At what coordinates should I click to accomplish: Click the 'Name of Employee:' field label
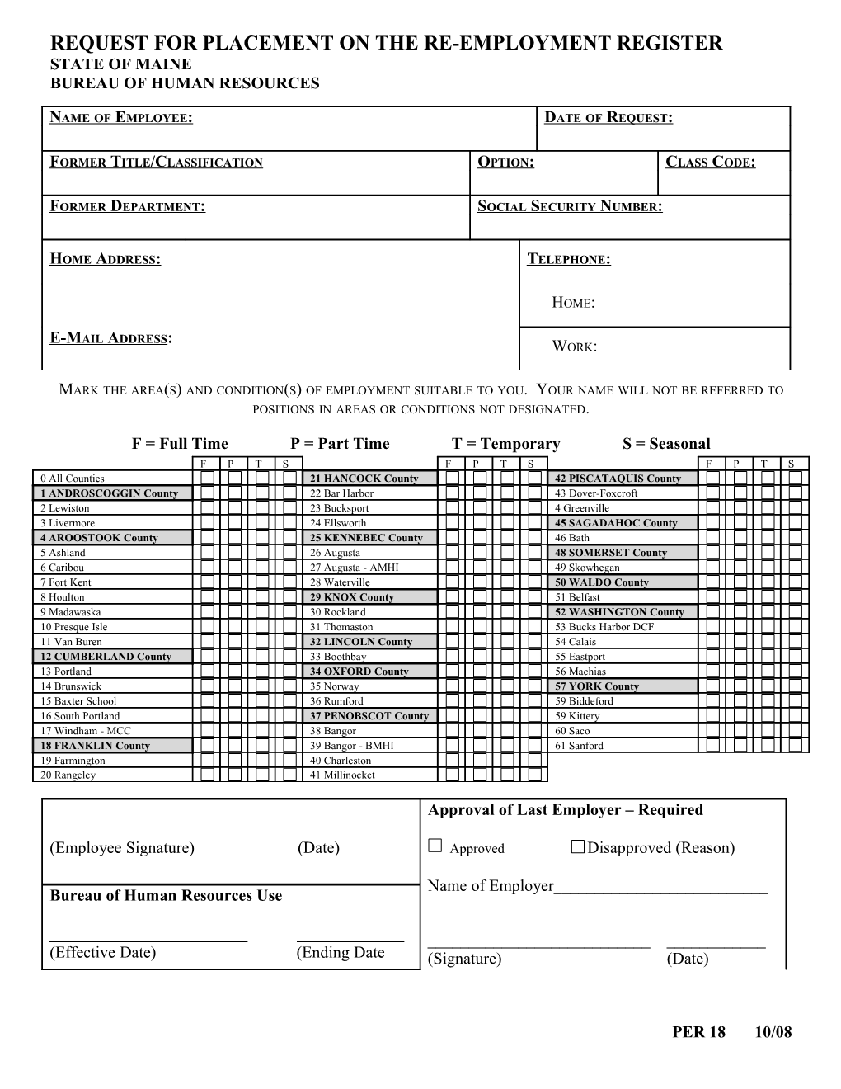[x=121, y=118]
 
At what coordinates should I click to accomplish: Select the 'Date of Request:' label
[x=608, y=118]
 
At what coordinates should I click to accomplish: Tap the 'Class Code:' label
[x=710, y=163]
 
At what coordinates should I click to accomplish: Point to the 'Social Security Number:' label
[x=570, y=207]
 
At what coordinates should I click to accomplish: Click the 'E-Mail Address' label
[x=110, y=338]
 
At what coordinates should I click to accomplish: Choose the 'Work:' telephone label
[x=574, y=346]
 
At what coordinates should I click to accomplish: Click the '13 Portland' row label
[x=66, y=672]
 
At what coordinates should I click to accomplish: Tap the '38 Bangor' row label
[x=333, y=731]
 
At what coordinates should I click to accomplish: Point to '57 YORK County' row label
[x=597, y=686]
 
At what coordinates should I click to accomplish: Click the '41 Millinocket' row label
[x=342, y=775]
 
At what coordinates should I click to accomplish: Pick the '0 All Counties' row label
[x=73, y=478]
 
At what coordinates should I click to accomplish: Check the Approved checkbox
[x=436, y=846]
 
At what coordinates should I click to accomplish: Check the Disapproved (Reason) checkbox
[x=578, y=846]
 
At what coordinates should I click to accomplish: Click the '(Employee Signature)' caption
[x=122, y=848]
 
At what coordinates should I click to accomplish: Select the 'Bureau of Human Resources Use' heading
[x=166, y=896]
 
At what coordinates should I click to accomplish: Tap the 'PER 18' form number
[x=698, y=1032]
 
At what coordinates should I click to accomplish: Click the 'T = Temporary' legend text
[x=505, y=444]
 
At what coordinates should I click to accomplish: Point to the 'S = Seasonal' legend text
[x=666, y=444]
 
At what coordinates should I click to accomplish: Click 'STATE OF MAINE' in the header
[x=121, y=64]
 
